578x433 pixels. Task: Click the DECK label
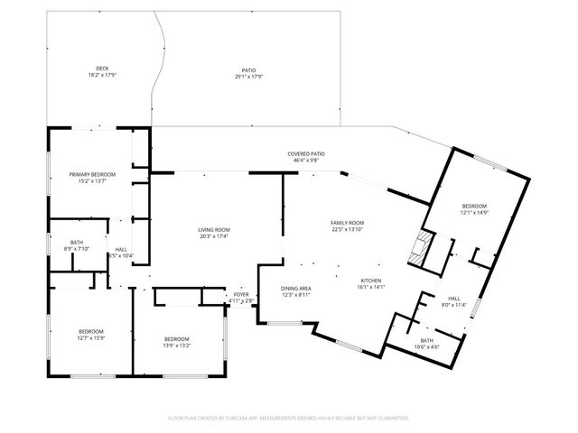102,69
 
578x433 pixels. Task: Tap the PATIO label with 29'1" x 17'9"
247,69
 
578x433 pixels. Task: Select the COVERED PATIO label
306,153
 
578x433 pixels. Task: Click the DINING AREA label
295,288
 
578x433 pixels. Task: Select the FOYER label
241,294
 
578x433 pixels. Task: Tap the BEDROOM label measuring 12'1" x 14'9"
475,206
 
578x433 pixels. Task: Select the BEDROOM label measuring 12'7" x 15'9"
90,331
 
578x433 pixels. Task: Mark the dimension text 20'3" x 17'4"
214,236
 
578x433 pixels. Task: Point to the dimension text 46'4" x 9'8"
306,161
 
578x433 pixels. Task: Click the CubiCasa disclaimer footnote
289,418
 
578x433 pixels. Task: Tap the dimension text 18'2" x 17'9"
102,75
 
